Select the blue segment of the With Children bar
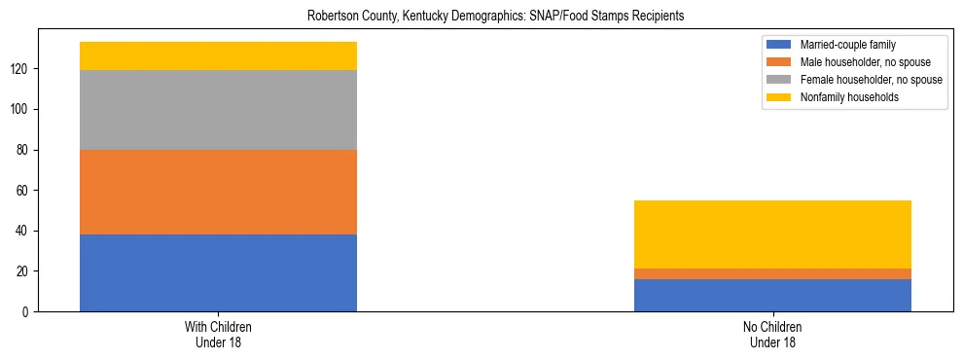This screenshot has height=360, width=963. click(x=218, y=272)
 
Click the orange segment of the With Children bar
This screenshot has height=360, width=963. click(x=218, y=192)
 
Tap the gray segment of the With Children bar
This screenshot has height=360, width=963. click(x=218, y=110)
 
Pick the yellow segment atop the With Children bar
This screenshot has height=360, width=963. click(x=218, y=55)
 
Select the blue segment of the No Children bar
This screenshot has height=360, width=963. click(x=772, y=295)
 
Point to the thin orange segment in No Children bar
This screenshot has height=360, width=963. click(x=772, y=273)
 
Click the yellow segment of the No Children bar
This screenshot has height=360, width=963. click(x=772, y=234)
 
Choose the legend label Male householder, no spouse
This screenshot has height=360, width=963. click(x=857, y=62)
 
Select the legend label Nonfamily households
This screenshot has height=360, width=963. click(x=843, y=97)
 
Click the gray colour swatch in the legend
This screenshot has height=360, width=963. click(x=779, y=80)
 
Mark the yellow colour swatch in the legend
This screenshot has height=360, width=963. click(x=779, y=97)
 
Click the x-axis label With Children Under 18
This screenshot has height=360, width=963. click(x=218, y=335)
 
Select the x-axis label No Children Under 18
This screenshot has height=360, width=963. click(x=772, y=335)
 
